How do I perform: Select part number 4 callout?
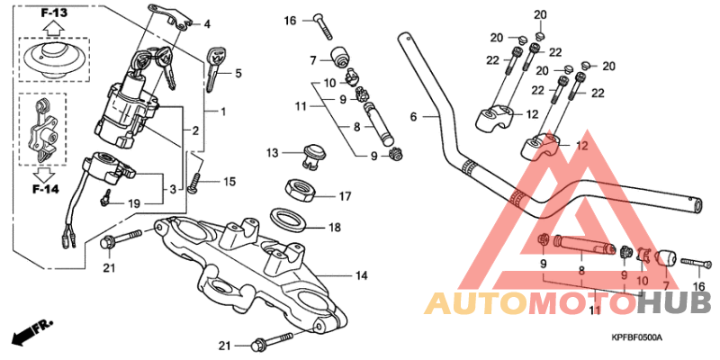pos(207,24)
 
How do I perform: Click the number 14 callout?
pos(362,274)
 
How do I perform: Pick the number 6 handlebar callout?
pos(413,116)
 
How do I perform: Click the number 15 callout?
pos(229,183)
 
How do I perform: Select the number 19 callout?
pos(133,203)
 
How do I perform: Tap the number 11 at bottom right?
pos(594,311)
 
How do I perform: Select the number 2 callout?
pos(195,131)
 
